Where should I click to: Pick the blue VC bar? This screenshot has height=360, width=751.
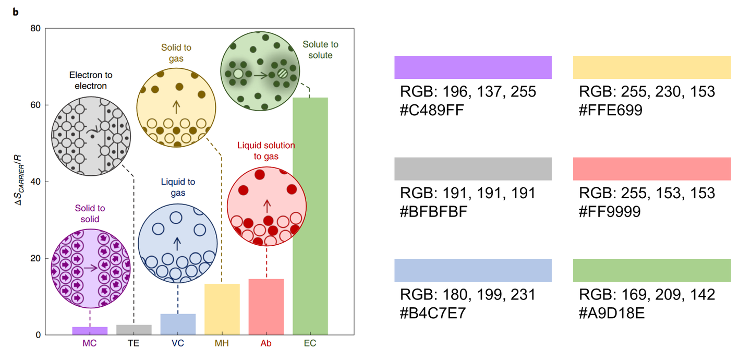178,324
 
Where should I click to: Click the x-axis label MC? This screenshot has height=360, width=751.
89,343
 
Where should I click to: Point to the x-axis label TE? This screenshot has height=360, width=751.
134,343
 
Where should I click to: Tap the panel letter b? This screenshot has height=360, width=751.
16,12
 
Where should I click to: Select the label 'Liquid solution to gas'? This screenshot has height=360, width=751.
266,151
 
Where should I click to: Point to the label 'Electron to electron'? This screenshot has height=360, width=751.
90,81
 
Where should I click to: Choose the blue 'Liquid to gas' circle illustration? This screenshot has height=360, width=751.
177,243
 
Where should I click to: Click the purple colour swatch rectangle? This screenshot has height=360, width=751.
473,67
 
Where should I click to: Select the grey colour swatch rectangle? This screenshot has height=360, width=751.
473,169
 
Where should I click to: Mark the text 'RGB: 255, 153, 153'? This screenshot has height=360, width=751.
647,194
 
